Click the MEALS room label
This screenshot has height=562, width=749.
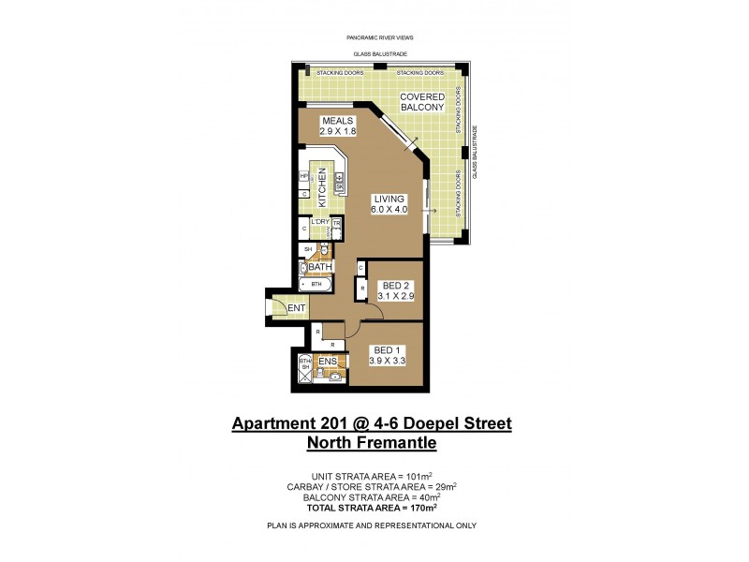338,122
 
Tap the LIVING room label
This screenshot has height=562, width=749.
389,200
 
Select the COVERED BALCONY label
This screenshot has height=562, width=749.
421,102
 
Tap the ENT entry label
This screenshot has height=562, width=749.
296,308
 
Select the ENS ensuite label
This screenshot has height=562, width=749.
328,361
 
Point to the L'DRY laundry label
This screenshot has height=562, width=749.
320,222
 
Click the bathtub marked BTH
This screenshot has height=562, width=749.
316,283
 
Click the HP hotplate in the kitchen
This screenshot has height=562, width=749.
304,175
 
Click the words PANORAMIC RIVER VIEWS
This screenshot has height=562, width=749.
374,37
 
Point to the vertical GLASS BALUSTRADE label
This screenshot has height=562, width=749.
475,152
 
